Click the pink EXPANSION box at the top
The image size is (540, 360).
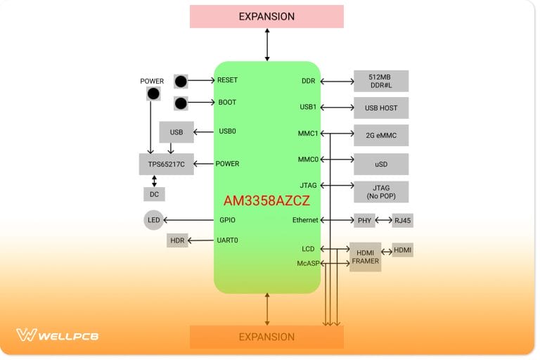(266, 16)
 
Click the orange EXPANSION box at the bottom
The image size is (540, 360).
(266, 337)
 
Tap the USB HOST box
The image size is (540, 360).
(381, 108)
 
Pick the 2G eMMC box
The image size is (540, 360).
(381, 134)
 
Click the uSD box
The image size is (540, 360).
(381, 164)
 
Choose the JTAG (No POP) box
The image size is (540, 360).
(381, 191)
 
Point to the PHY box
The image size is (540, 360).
(364, 221)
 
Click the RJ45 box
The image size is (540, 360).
(402, 221)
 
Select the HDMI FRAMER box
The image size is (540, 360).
(365, 257)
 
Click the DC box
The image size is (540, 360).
(154, 193)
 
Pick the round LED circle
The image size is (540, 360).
(153, 220)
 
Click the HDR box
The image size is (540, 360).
(176, 241)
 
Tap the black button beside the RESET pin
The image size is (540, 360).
(181, 81)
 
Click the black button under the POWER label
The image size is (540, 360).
(153, 94)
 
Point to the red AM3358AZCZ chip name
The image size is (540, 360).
(266, 201)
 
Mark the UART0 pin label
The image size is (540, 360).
(228, 240)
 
